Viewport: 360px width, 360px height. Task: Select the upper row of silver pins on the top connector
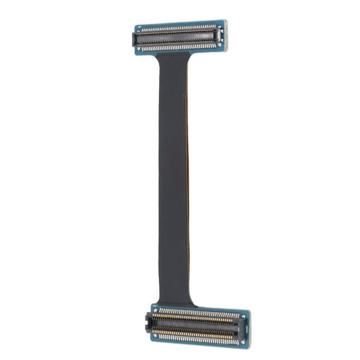coord(176,29)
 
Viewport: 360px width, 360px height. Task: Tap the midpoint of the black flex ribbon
coord(174,176)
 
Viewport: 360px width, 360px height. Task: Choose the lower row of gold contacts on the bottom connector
coord(194,335)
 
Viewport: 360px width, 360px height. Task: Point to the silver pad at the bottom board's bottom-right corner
coord(242,342)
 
